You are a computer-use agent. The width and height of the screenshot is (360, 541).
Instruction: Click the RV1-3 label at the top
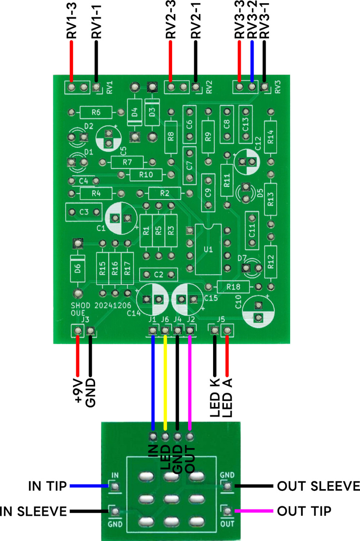[x=72, y=21]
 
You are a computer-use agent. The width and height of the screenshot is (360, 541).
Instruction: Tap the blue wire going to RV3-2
[x=252, y=62]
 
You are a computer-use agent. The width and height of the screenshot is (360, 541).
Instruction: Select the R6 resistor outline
[x=96, y=112]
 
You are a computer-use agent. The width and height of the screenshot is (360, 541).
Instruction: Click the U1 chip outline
[x=208, y=249]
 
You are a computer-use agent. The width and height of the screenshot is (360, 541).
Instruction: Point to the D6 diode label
[x=77, y=268]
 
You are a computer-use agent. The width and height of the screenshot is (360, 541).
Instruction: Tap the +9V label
[x=78, y=391]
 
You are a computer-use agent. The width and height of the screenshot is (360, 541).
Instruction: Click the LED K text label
[x=214, y=398]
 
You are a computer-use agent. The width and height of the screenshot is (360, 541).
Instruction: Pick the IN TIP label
[x=47, y=486]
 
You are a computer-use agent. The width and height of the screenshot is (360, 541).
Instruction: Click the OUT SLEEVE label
[x=319, y=486]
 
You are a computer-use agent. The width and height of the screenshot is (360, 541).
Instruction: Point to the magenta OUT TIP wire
[x=254, y=511]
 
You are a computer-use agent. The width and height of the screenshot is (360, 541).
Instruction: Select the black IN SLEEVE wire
[x=89, y=511]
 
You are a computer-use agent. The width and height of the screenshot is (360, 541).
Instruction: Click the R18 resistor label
[x=233, y=287]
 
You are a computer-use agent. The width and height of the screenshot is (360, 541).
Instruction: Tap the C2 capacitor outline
[x=159, y=275]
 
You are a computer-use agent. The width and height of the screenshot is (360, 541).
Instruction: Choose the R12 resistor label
[x=271, y=262]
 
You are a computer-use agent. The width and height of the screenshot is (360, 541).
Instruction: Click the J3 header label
[x=85, y=320]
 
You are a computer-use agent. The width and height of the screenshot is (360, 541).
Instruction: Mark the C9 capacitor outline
[x=208, y=193]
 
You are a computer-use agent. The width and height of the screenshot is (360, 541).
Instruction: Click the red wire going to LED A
[x=227, y=356]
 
